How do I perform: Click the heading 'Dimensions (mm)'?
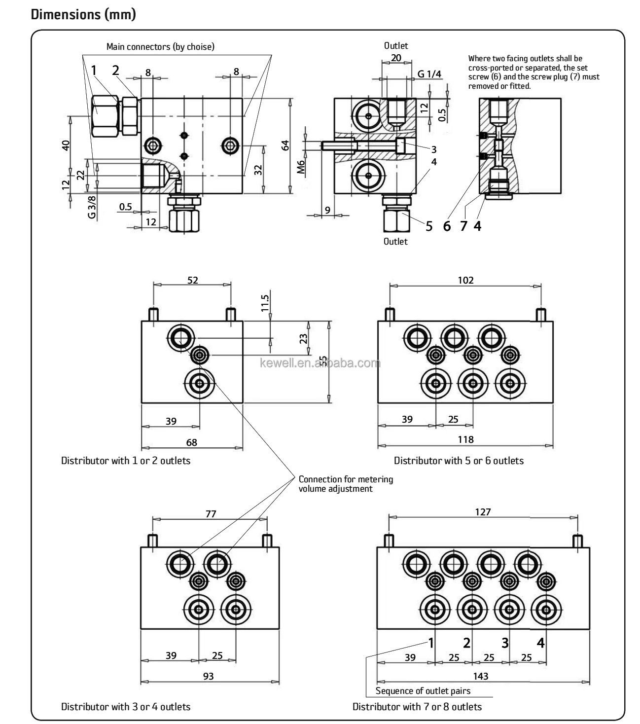coord(83,14)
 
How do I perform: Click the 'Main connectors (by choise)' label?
coord(160,47)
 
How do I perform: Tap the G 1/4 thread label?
coord(429,74)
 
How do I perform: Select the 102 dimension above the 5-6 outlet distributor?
coord(465,280)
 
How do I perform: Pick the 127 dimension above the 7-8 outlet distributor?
coord(483,512)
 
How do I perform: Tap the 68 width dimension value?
coord(191,442)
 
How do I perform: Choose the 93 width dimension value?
coord(209,676)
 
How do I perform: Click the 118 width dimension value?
coord(465,439)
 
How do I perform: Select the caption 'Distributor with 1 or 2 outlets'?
coord(125,461)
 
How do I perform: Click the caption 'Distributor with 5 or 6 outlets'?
coord(458,461)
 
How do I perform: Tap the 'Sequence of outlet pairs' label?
coord(423,690)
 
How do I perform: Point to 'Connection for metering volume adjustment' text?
coord(346,484)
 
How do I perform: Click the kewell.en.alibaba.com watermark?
coord(320,364)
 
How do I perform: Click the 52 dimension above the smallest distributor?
coord(192,280)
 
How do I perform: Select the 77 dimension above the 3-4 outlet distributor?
coord(211,513)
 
